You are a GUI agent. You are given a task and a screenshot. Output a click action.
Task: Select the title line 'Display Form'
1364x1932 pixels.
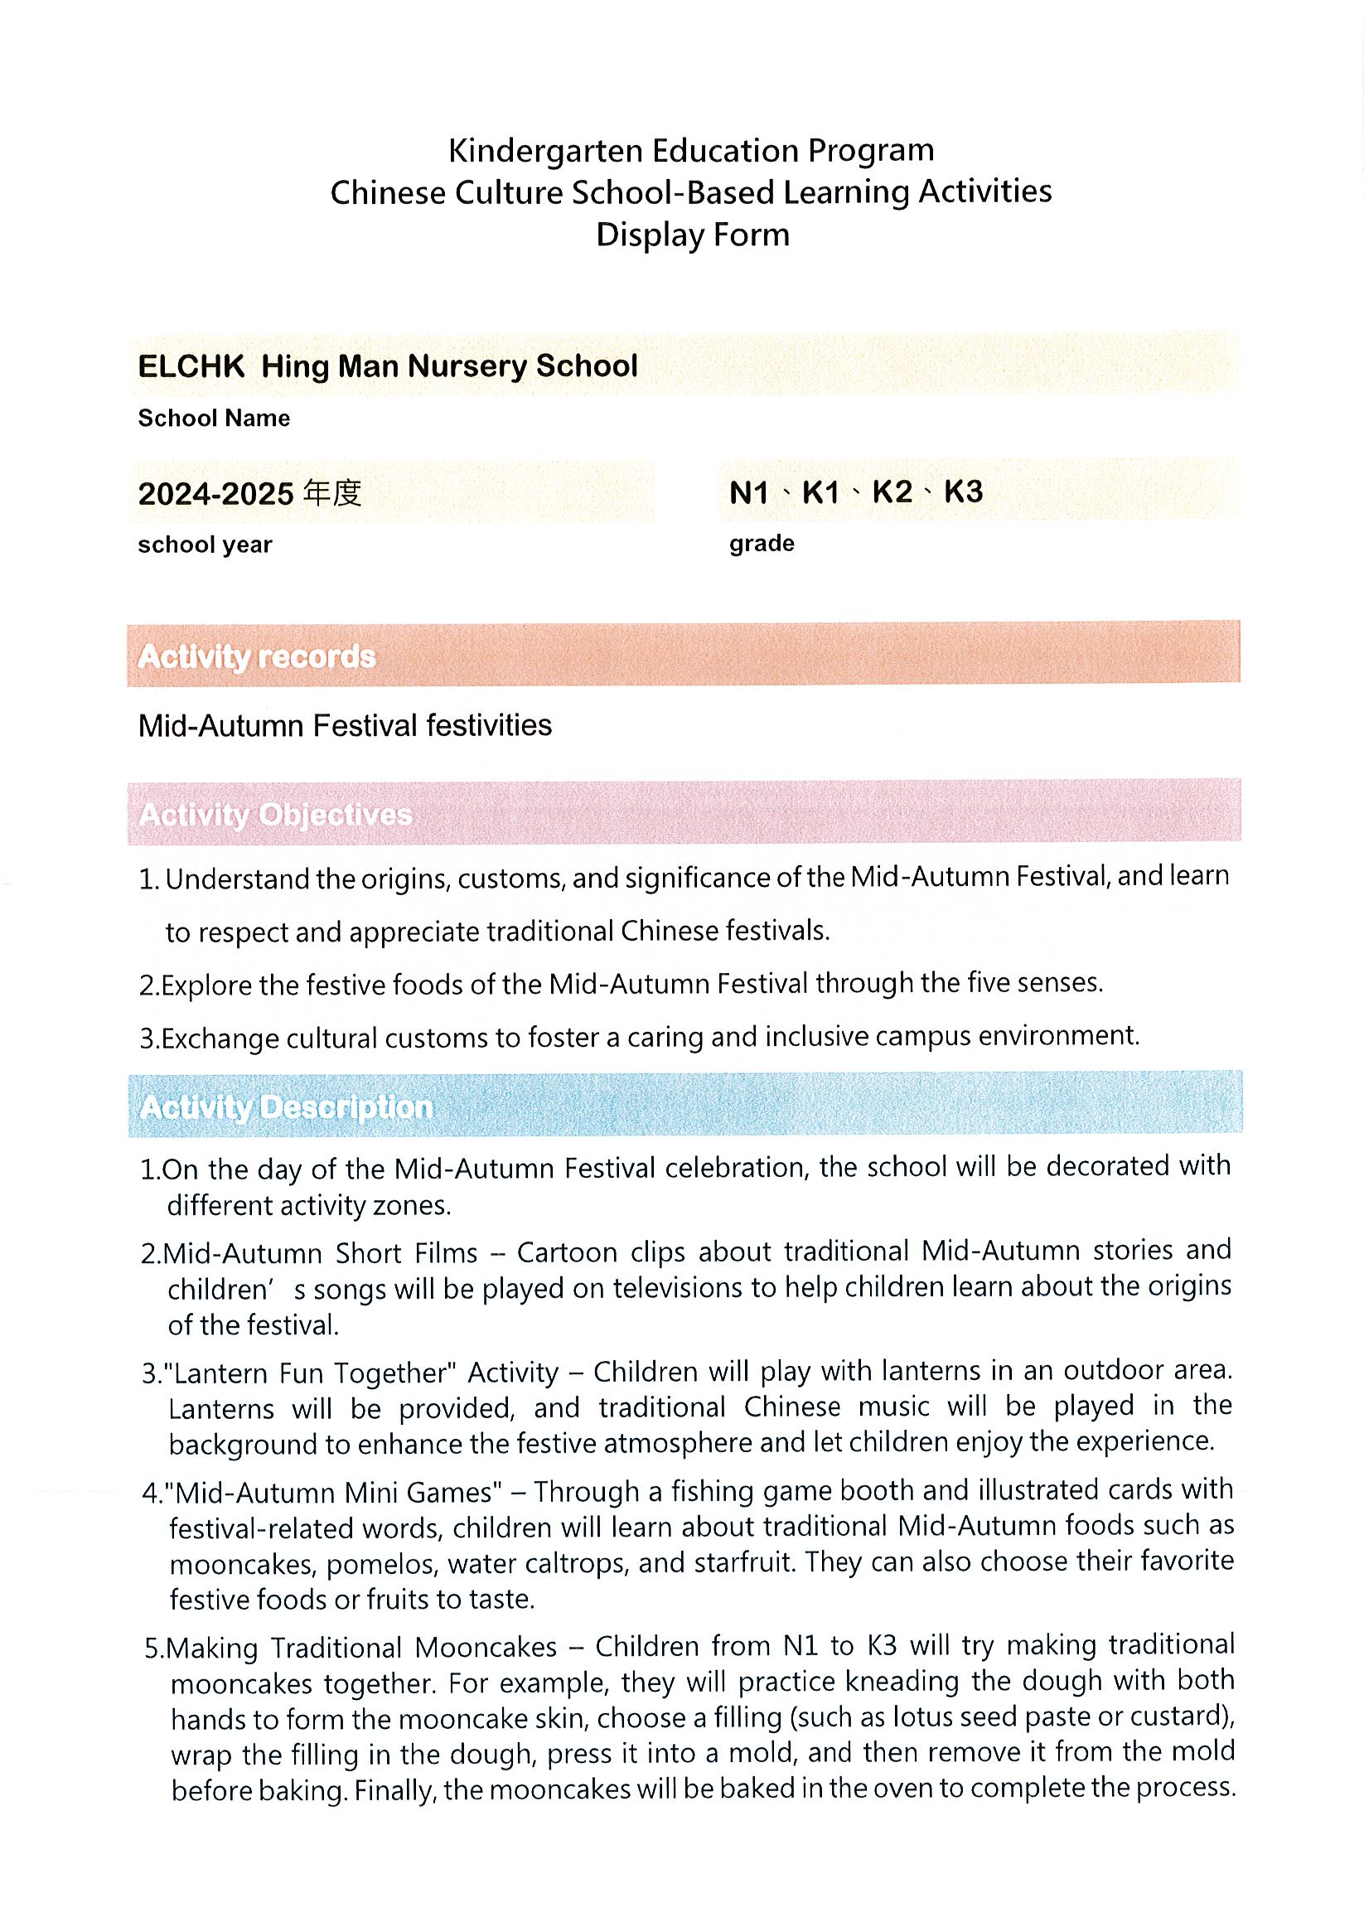click(x=693, y=235)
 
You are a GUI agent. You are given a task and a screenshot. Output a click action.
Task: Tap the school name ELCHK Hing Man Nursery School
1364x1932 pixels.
click(x=387, y=366)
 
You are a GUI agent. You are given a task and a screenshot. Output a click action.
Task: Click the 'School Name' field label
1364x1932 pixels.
click(x=214, y=419)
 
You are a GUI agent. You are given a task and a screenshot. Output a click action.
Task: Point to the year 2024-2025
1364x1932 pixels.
click(x=215, y=494)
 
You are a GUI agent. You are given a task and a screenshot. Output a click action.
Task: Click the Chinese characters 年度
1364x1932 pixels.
click(x=332, y=493)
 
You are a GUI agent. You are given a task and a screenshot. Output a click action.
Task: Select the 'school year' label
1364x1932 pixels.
click(x=205, y=545)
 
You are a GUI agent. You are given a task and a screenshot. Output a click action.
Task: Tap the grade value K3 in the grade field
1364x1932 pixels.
click(x=963, y=491)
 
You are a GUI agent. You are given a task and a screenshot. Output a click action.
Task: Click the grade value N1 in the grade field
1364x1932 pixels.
click(x=749, y=492)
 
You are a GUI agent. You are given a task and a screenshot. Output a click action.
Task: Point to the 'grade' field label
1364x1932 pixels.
click(x=762, y=544)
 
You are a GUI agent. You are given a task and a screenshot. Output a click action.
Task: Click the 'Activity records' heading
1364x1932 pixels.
click(x=257, y=656)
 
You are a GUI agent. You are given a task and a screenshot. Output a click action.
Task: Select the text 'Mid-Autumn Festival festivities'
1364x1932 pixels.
click(x=345, y=725)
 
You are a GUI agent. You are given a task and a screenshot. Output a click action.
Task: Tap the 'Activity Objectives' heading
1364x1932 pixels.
click(x=275, y=815)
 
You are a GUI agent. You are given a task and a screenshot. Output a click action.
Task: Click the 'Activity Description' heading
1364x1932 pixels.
click(x=286, y=1107)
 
